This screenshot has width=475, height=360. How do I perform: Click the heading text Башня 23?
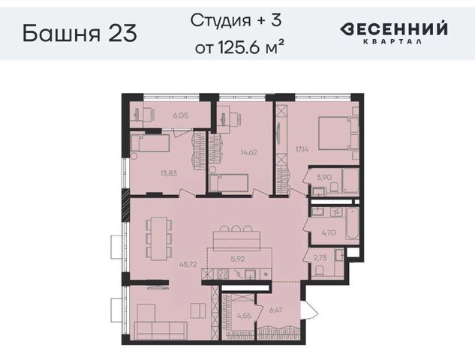pyautogui.click(x=80, y=33)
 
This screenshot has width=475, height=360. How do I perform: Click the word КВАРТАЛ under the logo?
pyautogui.click(x=392, y=42)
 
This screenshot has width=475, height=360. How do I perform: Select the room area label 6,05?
pyautogui.click(x=181, y=115)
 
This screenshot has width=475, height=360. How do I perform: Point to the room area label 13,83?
pyautogui.click(x=169, y=173)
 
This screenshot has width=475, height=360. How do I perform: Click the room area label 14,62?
pyautogui.click(x=248, y=152)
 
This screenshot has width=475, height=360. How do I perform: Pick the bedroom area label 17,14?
pyautogui.click(x=302, y=149)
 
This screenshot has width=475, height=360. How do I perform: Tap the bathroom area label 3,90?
pyautogui.click(x=324, y=177)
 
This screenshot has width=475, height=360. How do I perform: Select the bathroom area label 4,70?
pyautogui.click(x=329, y=232)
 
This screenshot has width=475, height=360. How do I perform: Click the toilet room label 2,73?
pyautogui.click(x=320, y=258)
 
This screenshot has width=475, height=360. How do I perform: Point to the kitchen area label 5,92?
pyautogui.click(x=237, y=259)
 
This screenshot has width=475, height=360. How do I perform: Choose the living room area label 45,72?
pyautogui.click(x=188, y=265)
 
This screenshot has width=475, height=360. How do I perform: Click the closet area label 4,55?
pyautogui.click(x=244, y=316)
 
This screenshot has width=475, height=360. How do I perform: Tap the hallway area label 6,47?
pyautogui.click(x=275, y=310)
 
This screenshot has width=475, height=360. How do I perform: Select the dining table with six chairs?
pyautogui.click(x=159, y=238)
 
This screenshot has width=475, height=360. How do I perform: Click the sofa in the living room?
pyautogui.click(x=161, y=330)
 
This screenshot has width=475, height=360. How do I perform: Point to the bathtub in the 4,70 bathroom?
pyautogui.click(x=352, y=223)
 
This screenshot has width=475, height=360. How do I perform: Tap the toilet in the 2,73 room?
pyautogui.click(x=319, y=271)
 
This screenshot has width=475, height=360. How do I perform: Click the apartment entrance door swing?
pyautogui.click(x=310, y=310)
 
